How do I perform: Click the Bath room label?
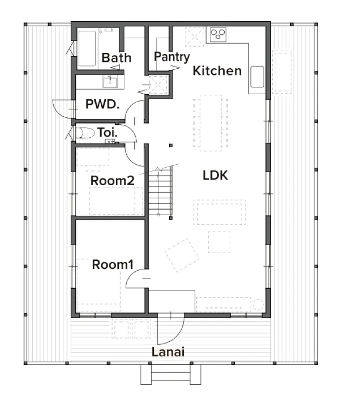[x=116, y=58]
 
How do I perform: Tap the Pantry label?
[x=172, y=57]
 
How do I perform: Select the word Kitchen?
[x=217, y=71]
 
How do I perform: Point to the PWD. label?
[x=102, y=104]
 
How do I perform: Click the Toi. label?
[x=107, y=133]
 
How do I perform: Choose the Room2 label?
[x=112, y=181]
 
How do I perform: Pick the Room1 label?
[x=113, y=265]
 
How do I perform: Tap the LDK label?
[x=215, y=175]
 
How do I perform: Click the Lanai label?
[x=168, y=352]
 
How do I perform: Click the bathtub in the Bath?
[x=87, y=48]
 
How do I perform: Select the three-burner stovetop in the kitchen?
[x=218, y=35]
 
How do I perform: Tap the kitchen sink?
[x=257, y=77]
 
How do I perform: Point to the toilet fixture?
[x=85, y=133]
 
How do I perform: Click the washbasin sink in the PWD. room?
[x=110, y=82]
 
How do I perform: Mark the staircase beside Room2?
[x=160, y=191]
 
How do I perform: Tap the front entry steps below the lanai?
[x=171, y=375]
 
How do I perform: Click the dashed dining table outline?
[x=211, y=123]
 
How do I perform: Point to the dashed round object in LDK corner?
[x=258, y=305]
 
